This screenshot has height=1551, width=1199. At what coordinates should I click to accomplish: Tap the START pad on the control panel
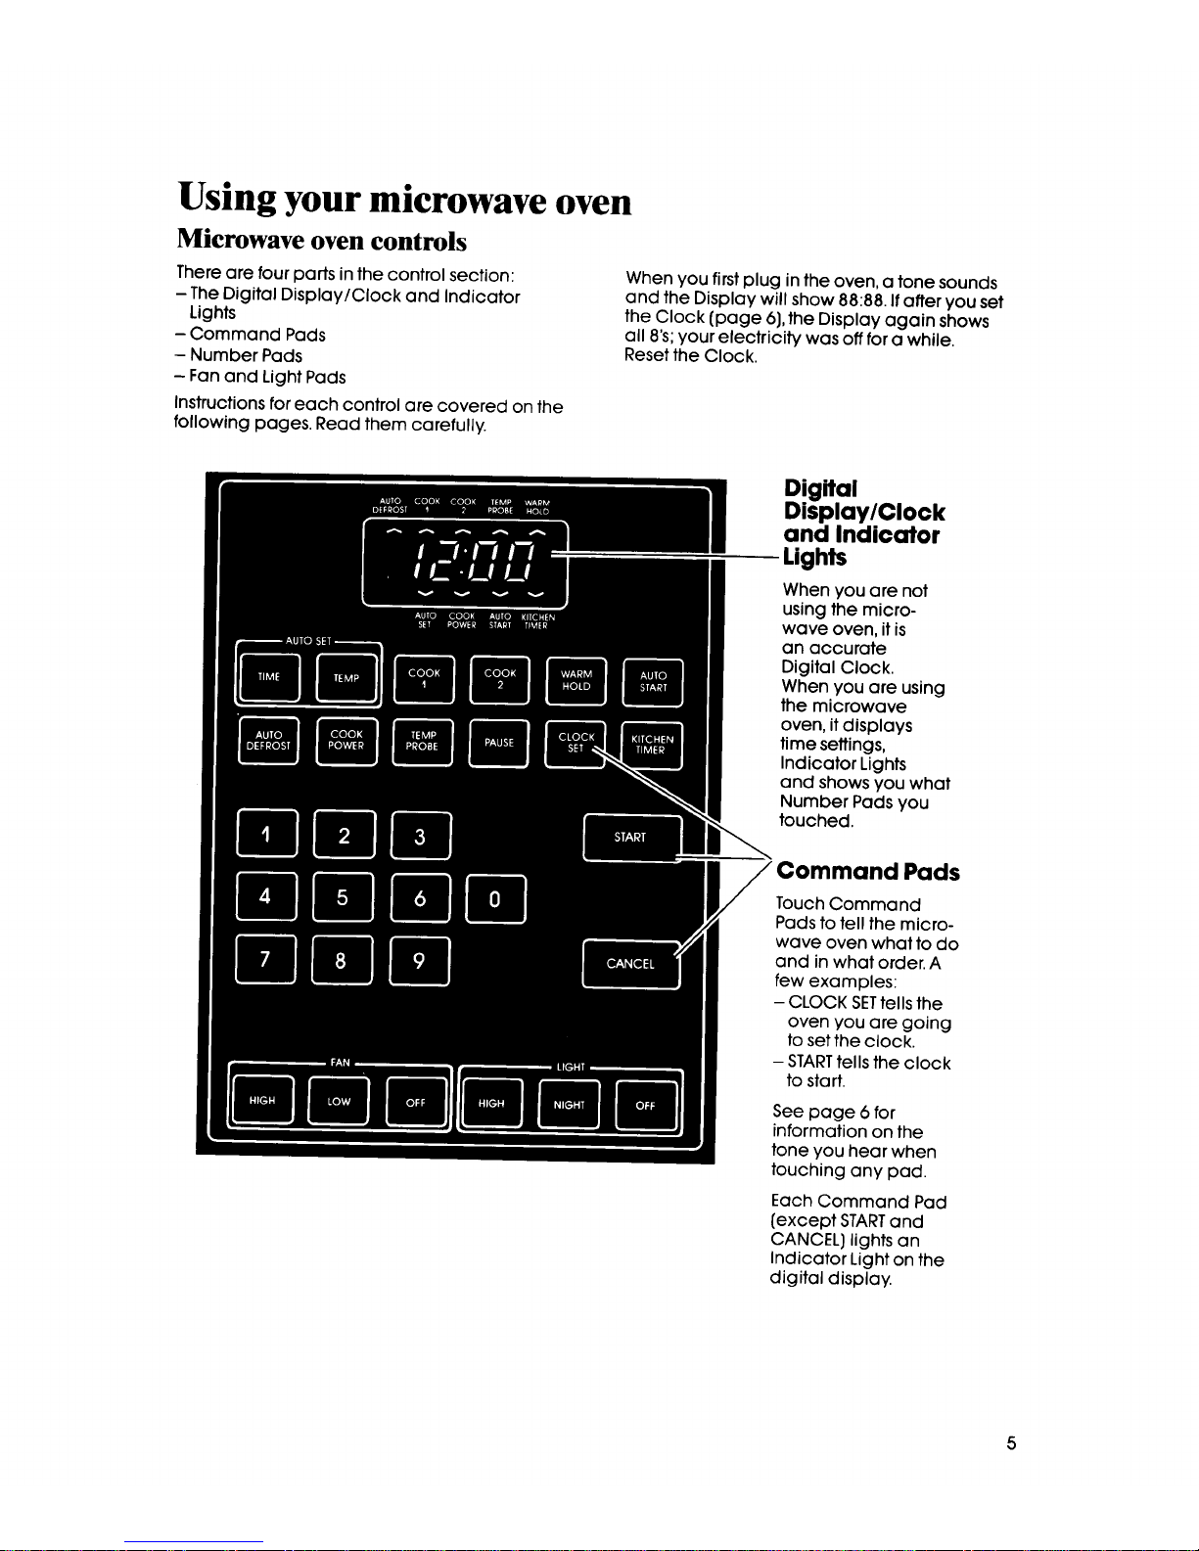pos(631,838)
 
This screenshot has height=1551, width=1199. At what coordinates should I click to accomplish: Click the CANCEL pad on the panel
pos(630,964)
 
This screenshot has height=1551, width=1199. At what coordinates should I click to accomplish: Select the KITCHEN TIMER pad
pos(651,746)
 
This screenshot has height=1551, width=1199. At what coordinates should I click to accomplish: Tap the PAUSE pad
pos(499,744)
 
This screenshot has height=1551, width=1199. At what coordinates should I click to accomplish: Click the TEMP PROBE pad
pos(423,741)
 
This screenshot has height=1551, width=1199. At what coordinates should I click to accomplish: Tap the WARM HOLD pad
pos(576,681)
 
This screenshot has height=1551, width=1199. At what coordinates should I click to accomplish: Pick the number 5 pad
pos(343,897)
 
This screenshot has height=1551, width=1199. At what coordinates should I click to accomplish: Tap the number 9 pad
pos(419,961)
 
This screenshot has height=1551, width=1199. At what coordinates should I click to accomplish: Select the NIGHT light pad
pos(569,1105)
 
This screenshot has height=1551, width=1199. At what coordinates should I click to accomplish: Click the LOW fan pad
pos(339,1102)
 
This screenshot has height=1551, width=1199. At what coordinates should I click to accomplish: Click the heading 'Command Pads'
pos(867,872)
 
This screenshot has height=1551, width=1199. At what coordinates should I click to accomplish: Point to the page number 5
pos(1011,1443)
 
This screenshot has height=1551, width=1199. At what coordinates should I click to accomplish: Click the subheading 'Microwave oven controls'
pos(321,241)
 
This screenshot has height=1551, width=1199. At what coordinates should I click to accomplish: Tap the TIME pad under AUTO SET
pos(269,677)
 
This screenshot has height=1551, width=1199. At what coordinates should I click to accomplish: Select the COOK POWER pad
pos(346,741)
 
